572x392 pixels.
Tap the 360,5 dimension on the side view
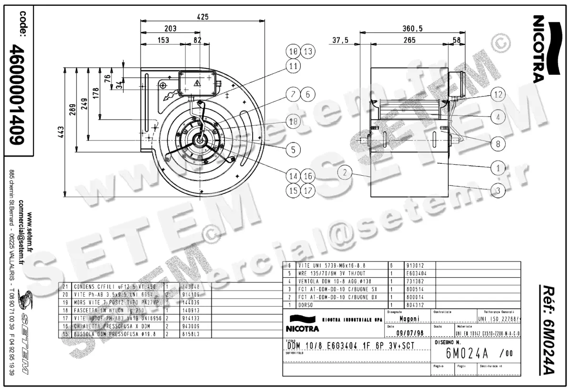(x=413, y=29)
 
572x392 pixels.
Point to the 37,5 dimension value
(x=340, y=40)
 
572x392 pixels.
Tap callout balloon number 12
(x=498, y=95)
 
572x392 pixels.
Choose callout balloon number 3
(x=498, y=191)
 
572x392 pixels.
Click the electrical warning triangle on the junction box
(x=197, y=84)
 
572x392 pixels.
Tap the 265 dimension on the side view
(x=409, y=40)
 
